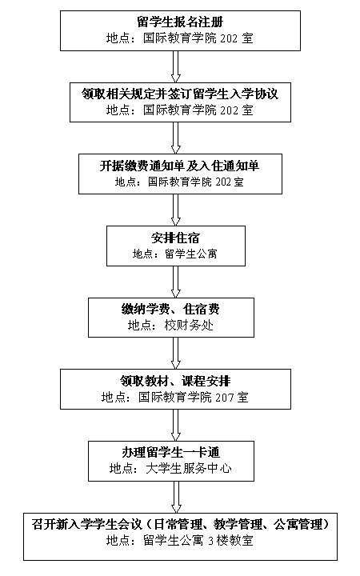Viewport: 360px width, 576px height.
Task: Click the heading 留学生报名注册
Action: (x=180, y=22)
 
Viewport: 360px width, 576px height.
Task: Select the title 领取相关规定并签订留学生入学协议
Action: (x=180, y=94)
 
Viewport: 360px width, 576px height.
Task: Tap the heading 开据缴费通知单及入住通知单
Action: (x=180, y=166)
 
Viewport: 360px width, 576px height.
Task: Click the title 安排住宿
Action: (x=175, y=238)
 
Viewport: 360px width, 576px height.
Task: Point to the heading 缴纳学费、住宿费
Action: (x=171, y=310)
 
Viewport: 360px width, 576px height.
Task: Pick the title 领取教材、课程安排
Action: (x=175, y=381)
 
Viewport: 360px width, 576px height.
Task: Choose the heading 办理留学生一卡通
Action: (x=171, y=453)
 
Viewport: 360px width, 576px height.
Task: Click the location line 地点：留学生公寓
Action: (x=175, y=254)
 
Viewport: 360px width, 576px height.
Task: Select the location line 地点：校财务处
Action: (x=171, y=326)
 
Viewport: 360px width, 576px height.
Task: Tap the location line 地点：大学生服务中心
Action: (x=171, y=468)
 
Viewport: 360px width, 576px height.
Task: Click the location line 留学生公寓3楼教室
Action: (x=198, y=541)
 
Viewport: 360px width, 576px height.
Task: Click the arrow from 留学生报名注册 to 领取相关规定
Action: (x=176, y=66)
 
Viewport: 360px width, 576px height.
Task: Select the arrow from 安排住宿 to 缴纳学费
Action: (x=176, y=282)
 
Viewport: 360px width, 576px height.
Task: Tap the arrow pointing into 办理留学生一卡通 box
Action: (x=176, y=425)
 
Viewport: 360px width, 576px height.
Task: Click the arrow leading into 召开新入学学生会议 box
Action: (x=176, y=497)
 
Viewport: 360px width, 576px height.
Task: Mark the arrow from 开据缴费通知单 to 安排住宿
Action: (x=176, y=210)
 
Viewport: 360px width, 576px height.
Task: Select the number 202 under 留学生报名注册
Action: (x=230, y=38)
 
